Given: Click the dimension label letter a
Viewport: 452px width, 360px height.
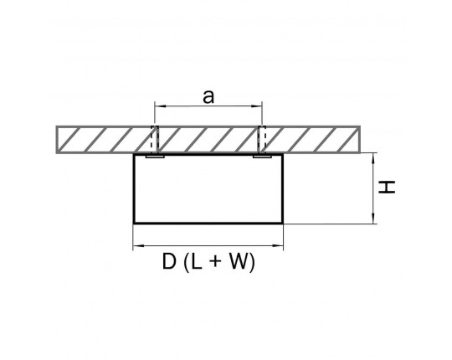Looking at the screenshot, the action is pyautogui.click(x=208, y=96).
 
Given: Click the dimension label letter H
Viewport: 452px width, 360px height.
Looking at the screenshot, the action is pyautogui.click(x=387, y=188).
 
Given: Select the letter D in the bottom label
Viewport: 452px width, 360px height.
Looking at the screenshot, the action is pyautogui.click(x=169, y=261).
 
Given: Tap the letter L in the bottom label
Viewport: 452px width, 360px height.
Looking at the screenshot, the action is pyautogui.click(x=196, y=261).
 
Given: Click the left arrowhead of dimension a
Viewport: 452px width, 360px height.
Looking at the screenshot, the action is pyautogui.click(x=160, y=106).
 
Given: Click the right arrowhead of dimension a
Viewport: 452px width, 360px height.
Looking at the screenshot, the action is pyautogui.click(x=257, y=106).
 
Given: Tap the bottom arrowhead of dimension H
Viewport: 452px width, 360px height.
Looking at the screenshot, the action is pyautogui.click(x=373, y=218).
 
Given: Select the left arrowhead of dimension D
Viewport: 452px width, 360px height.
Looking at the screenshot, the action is pyautogui.click(x=139, y=246).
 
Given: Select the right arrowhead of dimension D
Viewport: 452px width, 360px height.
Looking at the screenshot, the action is pyautogui.click(x=278, y=246).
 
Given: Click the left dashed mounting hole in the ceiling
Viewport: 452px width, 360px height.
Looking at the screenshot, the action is pyautogui.click(x=155, y=140).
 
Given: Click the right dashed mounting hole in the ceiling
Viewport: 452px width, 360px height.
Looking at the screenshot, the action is pyautogui.click(x=262, y=140).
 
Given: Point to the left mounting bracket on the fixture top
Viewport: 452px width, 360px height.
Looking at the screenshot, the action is pyautogui.click(x=155, y=157).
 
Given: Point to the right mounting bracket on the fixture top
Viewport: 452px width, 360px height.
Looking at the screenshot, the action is pyautogui.click(x=262, y=157).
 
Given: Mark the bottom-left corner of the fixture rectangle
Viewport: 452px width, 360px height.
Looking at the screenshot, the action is pyautogui.click(x=134, y=223).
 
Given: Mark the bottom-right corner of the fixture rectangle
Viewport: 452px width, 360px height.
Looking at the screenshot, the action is pyautogui.click(x=283, y=223).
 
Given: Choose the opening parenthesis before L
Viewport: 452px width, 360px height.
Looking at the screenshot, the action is pyautogui.click(x=186, y=262).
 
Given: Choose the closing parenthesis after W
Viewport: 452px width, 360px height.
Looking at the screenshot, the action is pyautogui.click(x=253, y=262).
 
